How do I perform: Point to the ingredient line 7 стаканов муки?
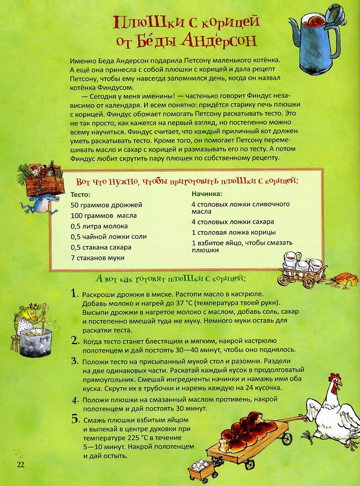click(97, 257)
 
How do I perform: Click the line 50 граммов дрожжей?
click(98, 205)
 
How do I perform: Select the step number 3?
click(74, 361)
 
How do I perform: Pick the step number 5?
click(74, 419)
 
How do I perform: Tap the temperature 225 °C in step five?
click(133, 437)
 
